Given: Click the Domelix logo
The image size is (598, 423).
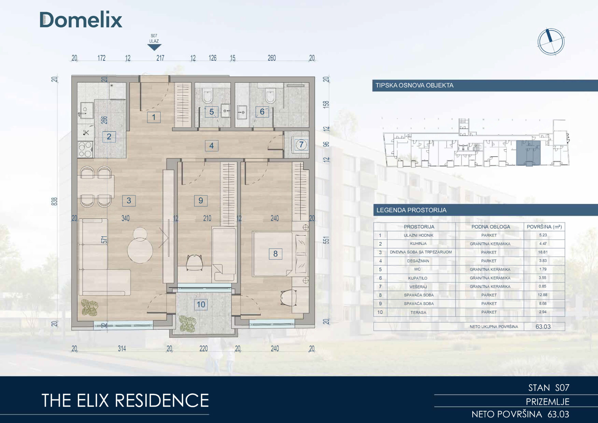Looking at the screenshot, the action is click(x=81, y=20).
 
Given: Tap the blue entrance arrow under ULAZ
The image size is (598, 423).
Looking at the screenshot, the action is click(x=154, y=47).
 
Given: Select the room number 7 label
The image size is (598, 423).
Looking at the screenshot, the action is click(x=301, y=144).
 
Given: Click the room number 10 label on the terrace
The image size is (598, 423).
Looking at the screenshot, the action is click(x=201, y=305).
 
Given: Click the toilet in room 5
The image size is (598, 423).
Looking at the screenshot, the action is click(x=208, y=95).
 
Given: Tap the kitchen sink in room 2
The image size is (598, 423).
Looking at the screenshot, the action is click(x=86, y=110).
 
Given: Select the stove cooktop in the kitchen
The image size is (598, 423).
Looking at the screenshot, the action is click(x=85, y=149).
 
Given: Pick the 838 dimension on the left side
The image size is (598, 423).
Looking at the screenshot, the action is click(x=54, y=201).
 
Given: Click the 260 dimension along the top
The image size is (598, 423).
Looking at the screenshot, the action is click(x=272, y=58).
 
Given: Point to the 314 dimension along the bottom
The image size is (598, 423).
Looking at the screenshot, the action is click(x=122, y=348).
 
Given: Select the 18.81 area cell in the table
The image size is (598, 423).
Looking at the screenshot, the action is click(x=543, y=252).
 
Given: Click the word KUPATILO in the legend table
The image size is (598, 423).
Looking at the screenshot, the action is click(x=417, y=278).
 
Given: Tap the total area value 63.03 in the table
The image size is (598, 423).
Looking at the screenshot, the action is click(x=543, y=326).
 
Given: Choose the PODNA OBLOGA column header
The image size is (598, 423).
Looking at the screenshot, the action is click(x=491, y=227).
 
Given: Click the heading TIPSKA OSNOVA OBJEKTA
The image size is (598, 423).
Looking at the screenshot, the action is click(x=414, y=85).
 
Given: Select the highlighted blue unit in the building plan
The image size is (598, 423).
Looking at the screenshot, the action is click(x=528, y=153).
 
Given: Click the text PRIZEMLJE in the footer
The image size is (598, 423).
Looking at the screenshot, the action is click(x=548, y=402).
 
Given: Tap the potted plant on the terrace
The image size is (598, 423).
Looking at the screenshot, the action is click(x=188, y=324).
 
